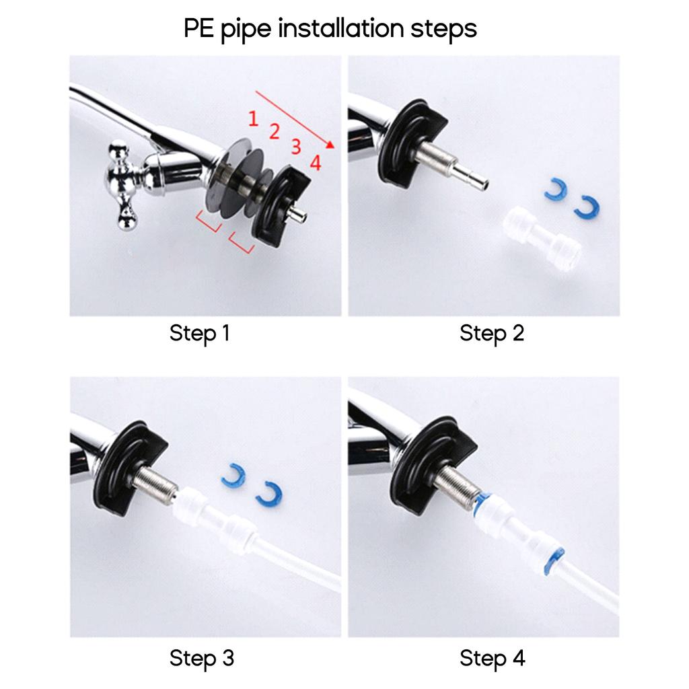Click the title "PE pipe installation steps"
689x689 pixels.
coord(330,29)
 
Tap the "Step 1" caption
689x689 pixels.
coord(199,333)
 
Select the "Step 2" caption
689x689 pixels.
coord(492,334)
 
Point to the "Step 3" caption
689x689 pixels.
coord(202,658)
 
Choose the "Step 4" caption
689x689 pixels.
coord(492,659)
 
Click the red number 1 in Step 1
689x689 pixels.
coord(253,118)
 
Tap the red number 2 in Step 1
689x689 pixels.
coord(275,131)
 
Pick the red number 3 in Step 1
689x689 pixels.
coord(296,147)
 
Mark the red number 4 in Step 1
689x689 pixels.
coord(316,163)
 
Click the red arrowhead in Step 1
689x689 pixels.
coord(330,144)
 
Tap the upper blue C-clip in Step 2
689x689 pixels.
coord(555,189)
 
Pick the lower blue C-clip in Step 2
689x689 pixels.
coord(587,207)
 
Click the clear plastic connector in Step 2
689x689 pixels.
coord(543,238)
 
